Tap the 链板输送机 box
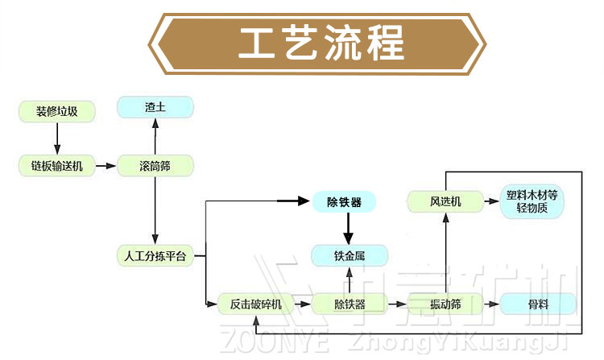click(56, 167)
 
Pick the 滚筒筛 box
click(155, 167)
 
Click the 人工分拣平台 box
click(155, 257)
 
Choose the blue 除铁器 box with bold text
click(344, 201)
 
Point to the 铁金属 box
click(350, 257)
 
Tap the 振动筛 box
click(445, 304)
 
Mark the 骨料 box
click(537, 304)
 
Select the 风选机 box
click(445, 201)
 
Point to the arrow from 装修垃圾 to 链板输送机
click(56, 139)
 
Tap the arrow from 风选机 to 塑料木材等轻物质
click(491, 201)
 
